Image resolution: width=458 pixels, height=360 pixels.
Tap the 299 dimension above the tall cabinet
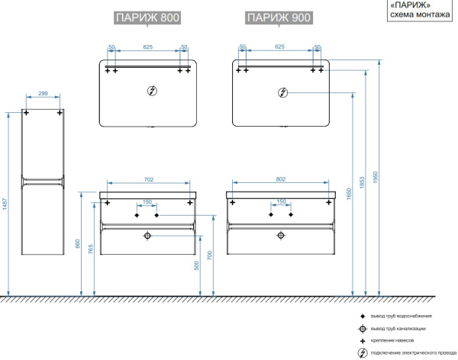point(43,94)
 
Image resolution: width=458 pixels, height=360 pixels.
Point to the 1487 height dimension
point(5,216)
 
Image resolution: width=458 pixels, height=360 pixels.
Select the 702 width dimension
point(148,179)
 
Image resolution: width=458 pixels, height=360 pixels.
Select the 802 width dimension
point(280,179)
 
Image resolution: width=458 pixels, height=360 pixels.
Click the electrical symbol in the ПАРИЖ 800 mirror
point(151,91)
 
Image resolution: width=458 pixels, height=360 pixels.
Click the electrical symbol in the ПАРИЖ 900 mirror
point(283,93)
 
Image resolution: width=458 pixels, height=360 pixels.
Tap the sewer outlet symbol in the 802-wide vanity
point(280,236)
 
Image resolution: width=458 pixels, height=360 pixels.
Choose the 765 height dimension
point(92,249)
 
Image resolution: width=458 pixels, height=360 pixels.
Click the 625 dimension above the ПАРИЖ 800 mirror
point(148,47)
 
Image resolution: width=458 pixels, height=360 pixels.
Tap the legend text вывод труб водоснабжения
point(402,316)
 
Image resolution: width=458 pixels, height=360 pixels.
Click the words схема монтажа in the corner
point(420,14)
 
